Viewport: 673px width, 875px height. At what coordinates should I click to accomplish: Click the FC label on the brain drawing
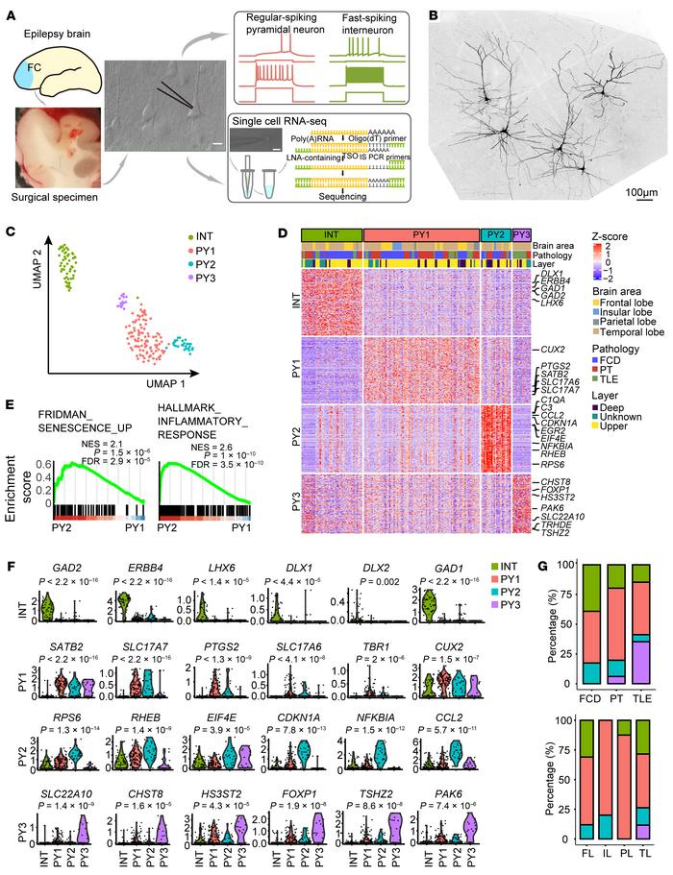pos(31,66)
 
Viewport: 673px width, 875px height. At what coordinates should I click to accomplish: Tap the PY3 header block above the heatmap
pos(521,235)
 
